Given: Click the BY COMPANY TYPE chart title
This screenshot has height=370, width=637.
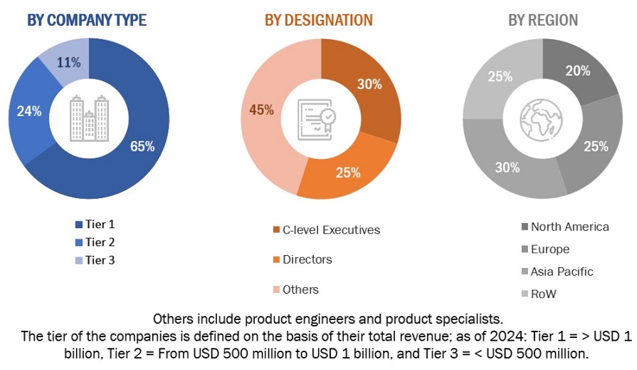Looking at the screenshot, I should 87,20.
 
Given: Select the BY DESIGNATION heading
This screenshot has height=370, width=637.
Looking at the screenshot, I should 319,20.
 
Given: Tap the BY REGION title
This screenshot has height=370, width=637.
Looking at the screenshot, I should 543,20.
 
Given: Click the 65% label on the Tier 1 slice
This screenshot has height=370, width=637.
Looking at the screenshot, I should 142,147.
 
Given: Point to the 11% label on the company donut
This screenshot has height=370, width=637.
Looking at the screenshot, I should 68,62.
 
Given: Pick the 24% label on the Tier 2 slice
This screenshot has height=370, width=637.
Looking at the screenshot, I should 29,111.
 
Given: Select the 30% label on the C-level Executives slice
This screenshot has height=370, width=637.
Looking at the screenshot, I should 369,84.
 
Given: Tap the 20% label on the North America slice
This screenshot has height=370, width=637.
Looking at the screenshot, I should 578,71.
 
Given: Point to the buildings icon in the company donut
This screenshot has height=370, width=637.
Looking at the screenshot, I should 89,118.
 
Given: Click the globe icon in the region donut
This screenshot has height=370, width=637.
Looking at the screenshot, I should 542,118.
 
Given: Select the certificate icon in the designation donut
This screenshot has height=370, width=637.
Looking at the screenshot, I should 318,118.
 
